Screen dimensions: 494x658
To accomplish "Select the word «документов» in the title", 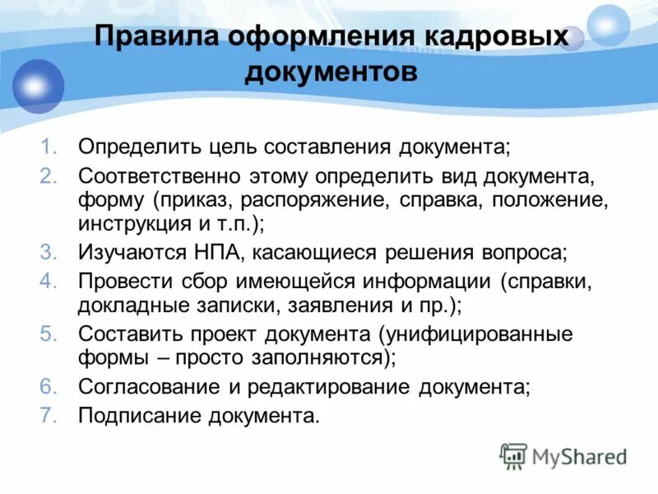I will tap(331, 72).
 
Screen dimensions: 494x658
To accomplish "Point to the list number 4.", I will tap(49, 281).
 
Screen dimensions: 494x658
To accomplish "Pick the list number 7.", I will tap(49, 414).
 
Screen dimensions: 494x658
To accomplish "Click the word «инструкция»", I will tap(133, 222).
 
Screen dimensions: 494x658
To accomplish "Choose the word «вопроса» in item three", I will tap(521, 254).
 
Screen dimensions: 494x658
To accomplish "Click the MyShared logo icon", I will tap(514, 455).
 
